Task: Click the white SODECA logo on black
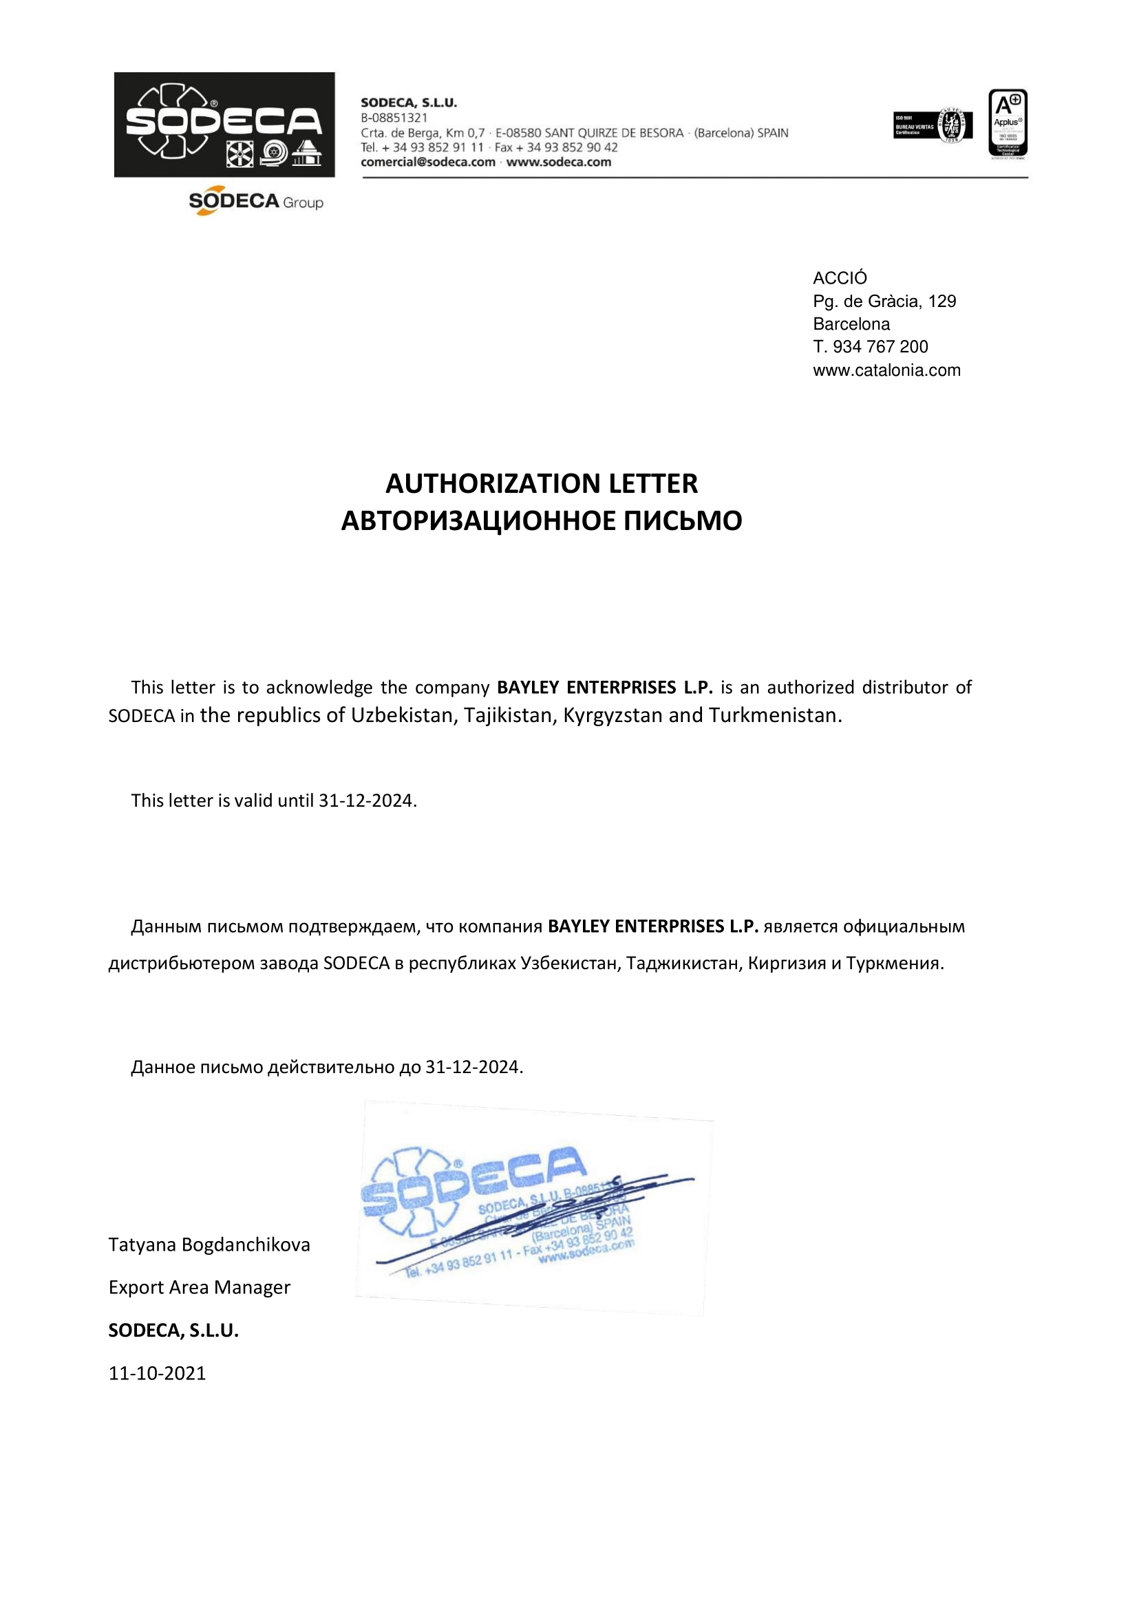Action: tap(224, 124)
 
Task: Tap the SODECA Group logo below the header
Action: tap(255, 202)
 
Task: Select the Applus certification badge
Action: tap(1007, 123)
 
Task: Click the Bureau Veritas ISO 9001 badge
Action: tap(932, 125)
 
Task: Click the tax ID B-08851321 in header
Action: tap(394, 118)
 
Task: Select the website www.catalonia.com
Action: tap(886, 370)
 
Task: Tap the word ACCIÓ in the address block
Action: tap(840, 278)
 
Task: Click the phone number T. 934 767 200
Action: tap(870, 346)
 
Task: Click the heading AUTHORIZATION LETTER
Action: tap(542, 483)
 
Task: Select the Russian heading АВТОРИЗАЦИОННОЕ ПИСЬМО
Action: tap(542, 520)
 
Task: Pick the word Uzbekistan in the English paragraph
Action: tap(403, 715)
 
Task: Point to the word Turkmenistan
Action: tap(774, 715)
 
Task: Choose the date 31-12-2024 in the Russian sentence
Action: tap(473, 1067)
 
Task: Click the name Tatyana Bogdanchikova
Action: tap(209, 1244)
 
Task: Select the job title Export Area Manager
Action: tap(199, 1287)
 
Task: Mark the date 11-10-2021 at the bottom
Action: tap(157, 1373)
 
